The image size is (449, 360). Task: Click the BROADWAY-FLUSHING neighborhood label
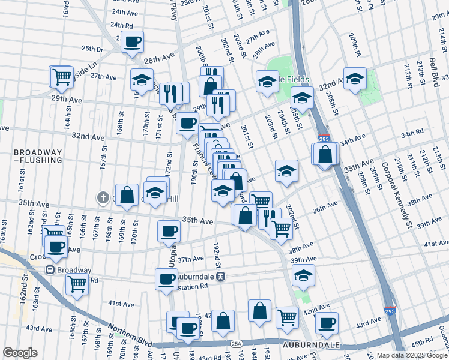pos(38,156)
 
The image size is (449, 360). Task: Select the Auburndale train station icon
pos(220,277)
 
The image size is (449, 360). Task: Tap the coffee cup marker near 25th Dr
pos(133,42)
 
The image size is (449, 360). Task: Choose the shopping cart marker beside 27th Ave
pos(62,76)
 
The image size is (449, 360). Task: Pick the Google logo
pos(20,353)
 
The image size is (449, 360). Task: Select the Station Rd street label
pos(193,287)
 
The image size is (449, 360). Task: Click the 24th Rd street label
pos(122,26)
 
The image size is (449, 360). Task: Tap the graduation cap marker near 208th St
pos(355,79)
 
